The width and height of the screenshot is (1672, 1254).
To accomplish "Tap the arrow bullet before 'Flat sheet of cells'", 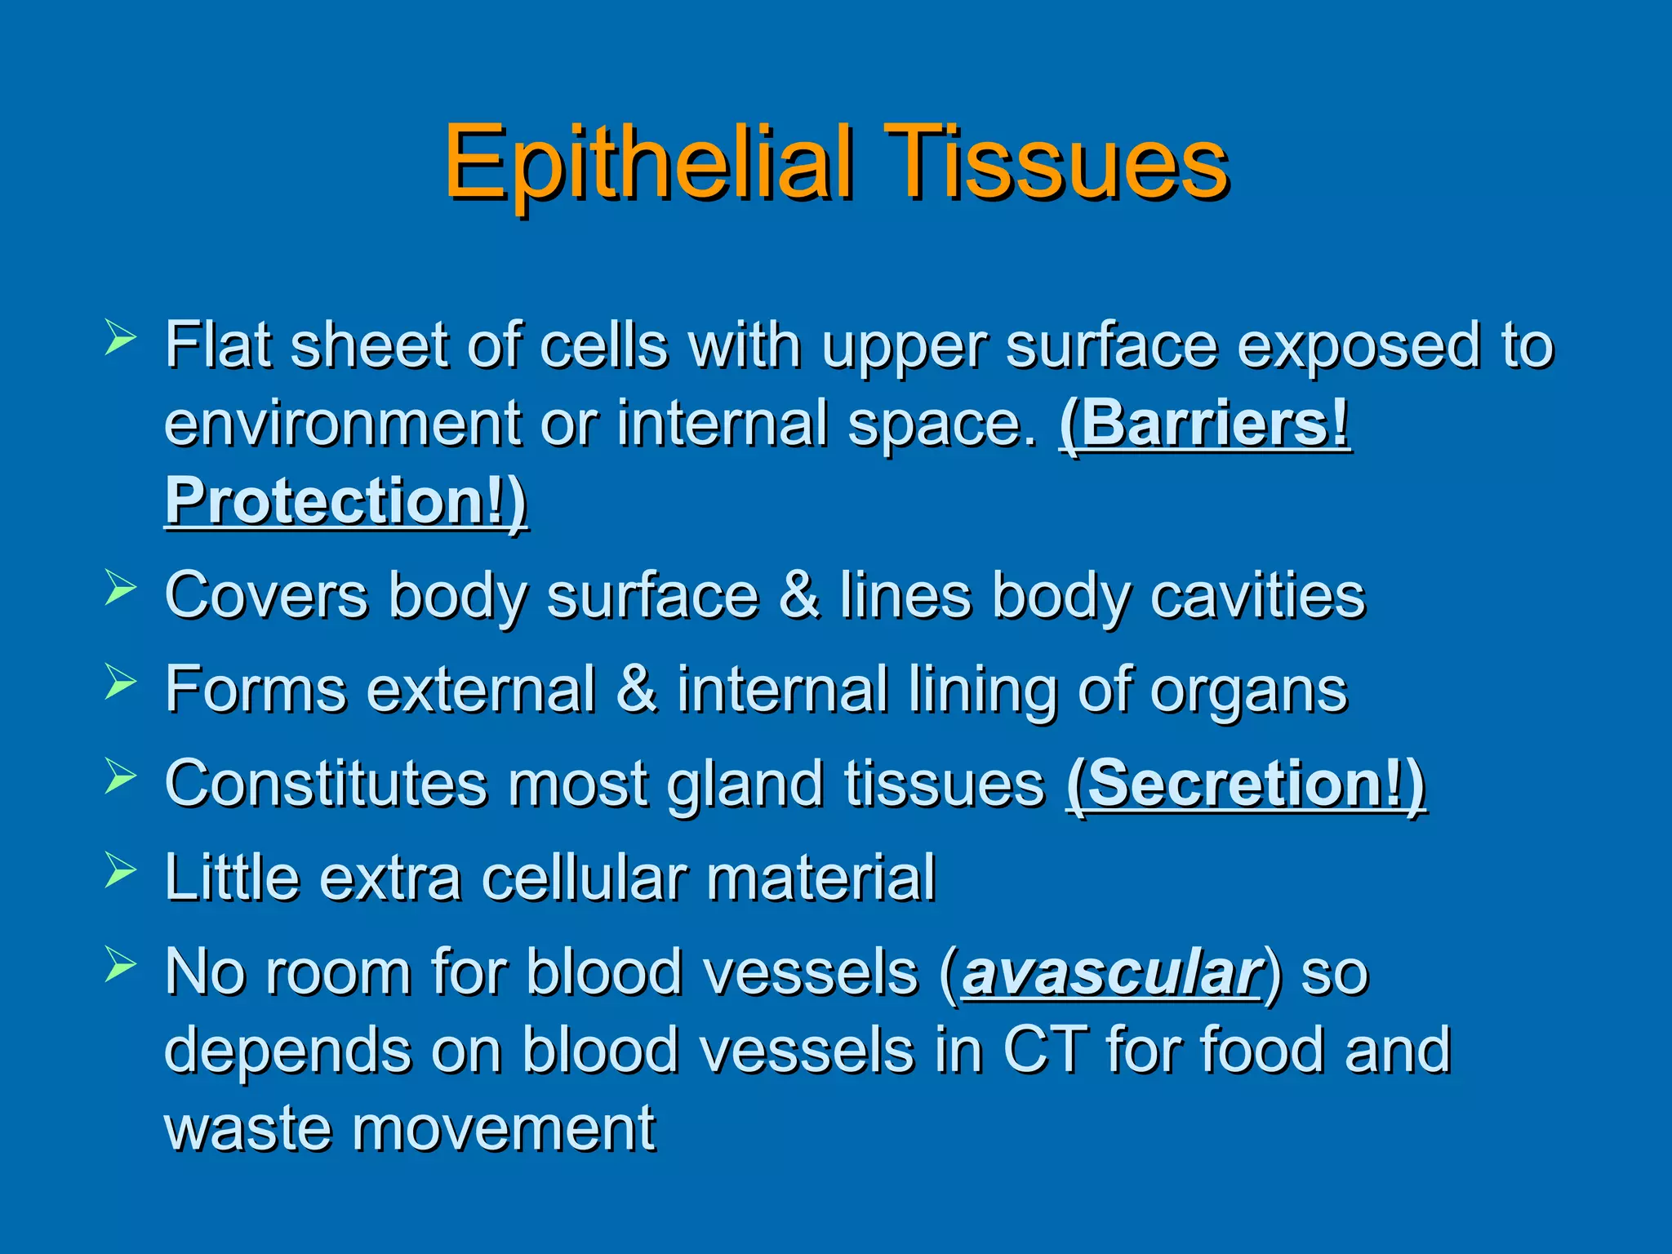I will pyautogui.click(x=120, y=338).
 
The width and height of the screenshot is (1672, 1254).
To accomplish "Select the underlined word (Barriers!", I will pyautogui.click(x=1205, y=424).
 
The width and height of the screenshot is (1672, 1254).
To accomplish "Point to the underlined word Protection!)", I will pyautogui.click(x=346, y=501).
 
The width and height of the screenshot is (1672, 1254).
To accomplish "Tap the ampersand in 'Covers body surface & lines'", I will pyautogui.click(x=798, y=594).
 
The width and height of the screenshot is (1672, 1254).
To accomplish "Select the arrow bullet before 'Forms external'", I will pyautogui.click(x=120, y=683).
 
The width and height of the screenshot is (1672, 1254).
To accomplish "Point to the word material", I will pyautogui.click(x=820, y=878).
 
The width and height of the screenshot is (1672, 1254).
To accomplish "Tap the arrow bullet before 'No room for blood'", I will pyautogui.click(x=120, y=965).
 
